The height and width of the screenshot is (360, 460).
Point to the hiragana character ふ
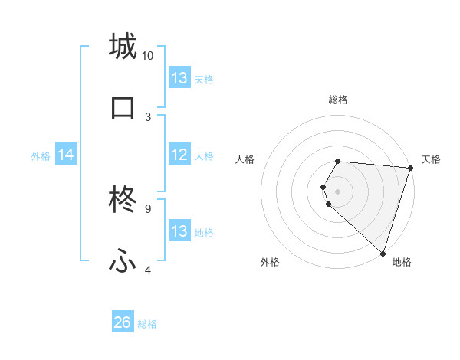point(123,262)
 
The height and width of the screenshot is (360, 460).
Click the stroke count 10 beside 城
point(148,56)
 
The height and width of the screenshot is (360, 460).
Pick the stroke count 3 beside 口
point(148,117)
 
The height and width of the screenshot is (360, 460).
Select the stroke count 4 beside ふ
point(148,270)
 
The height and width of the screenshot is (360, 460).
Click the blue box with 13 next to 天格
point(179,77)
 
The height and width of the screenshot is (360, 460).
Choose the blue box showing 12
point(179,155)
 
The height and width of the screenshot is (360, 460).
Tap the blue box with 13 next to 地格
point(179,231)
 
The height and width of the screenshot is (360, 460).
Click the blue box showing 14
point(66,155)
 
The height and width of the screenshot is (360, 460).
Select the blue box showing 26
point(123,323)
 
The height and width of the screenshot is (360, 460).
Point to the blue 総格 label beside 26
point(147,324)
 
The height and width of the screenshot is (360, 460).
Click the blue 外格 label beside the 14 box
point(41,156)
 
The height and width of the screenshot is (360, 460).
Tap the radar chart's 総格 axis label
point(338,100)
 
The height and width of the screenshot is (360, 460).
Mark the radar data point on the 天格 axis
point(410,168)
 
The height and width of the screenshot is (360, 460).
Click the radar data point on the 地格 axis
point(383,253)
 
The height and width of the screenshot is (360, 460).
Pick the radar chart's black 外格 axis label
point(270,263)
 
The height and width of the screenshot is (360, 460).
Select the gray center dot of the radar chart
point(337,191)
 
